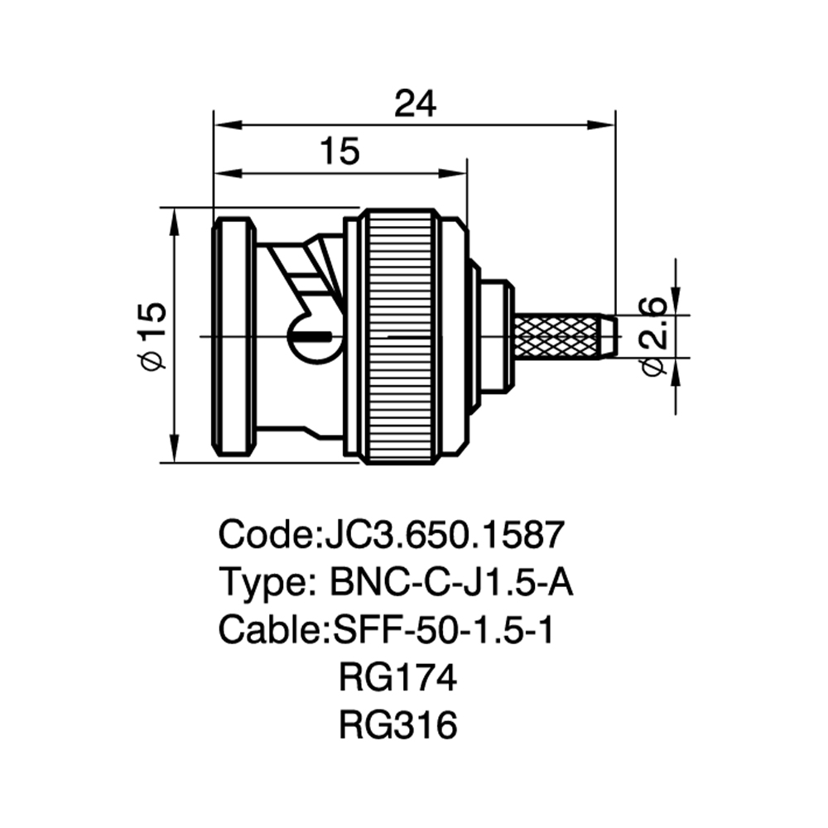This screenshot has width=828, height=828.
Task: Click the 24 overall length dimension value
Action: tap(416, 103)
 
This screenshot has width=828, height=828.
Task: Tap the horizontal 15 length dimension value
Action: tap(340, 151)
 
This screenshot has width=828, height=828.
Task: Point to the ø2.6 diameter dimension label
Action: tap(653, 336)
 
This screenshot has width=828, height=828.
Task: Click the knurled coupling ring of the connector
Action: tap(400, 336)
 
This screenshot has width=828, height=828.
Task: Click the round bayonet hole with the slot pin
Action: tap(315, 336)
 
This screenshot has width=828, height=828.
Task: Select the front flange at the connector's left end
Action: tap(234, 336)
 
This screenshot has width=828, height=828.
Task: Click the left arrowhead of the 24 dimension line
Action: tap(227, 125)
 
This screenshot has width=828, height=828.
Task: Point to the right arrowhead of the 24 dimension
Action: tap(602, 125)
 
